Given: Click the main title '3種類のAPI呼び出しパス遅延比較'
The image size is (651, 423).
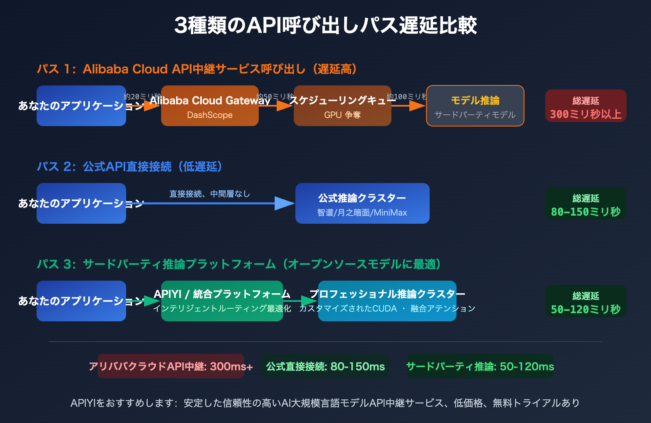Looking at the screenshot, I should pyautogui.click(x=325, y=25).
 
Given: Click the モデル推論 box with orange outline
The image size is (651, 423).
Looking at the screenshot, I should pyautogui.click(x=475, y=106).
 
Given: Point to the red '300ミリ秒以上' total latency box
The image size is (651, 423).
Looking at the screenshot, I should pyautogui.click(x=585, y=106).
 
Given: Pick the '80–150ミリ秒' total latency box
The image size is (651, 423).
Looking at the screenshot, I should pyautogui.click(x=585, y=204).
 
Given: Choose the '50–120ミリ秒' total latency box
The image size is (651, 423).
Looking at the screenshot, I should pyautogui.click(x=585, y=301).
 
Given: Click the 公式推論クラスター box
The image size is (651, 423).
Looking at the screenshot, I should pyautogui.click(x=362, y=204).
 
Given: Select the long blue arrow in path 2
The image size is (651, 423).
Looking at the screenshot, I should pyautogui.click(x=212, y=203).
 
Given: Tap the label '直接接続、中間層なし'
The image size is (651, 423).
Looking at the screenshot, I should pyautogui.click(x=210, y=194).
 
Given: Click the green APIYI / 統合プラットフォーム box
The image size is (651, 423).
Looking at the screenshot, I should pyautogui.click(x=222, y=301).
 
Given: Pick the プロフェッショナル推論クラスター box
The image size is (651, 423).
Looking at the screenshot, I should pyautogui.click(x=387, y=301).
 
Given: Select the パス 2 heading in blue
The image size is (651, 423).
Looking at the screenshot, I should pyautogui.click(x=129, y=167).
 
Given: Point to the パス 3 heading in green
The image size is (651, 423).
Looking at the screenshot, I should pyautogui.click(x=239, y=264).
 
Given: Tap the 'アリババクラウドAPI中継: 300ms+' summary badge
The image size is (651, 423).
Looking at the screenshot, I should pyautogui.click(x=171, y=366).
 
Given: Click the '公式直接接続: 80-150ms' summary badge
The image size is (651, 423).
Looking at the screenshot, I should pyautogui.click(x=325, y=366).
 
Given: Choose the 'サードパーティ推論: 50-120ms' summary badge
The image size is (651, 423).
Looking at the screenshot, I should pyautogui.click(x=480, y=366).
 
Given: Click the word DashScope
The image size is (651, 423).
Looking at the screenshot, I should pyautogui.click(x=210, y=115).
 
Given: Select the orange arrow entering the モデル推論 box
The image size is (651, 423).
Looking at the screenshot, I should pyautogui.click(x=409, y=106).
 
